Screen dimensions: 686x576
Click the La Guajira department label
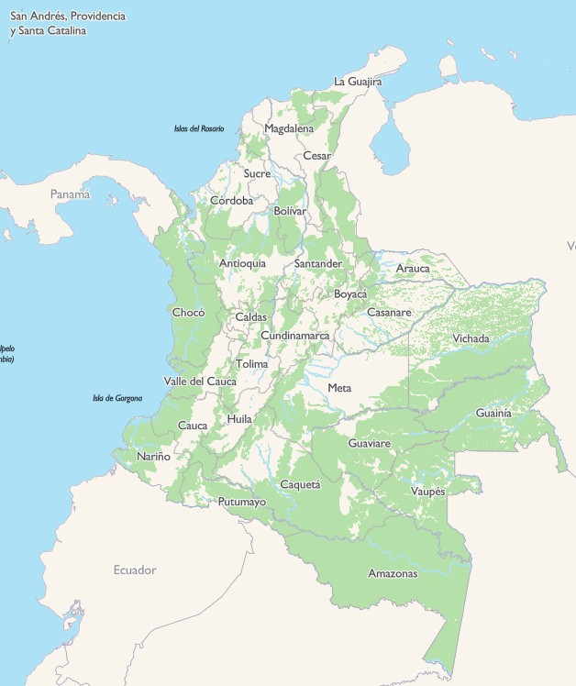pos(358,82)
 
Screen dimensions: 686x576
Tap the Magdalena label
pos(289,129)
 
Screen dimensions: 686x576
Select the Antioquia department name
pos(243,263)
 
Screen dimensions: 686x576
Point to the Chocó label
pos(188,313)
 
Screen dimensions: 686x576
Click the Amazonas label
pos(393,574)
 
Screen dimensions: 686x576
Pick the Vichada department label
pos(471,338)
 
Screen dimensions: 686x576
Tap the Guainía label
pos(493,414)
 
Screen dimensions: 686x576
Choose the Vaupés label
pos(427,492)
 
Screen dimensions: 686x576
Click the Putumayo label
pos(242,502)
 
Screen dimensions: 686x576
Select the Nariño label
pos(153,456)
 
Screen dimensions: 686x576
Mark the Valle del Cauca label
pos(200,382)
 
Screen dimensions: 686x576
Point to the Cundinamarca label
pos(295,336)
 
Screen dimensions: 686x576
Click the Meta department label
pos(339,388)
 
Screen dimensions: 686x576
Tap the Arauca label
pos(413,268)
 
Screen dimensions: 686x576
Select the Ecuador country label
pos(135,570)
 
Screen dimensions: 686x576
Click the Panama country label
pos(71,194)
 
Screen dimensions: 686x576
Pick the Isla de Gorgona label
pos(117,398)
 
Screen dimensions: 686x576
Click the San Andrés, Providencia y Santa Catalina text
pos(68,24)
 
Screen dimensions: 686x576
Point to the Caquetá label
pos(300,484)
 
